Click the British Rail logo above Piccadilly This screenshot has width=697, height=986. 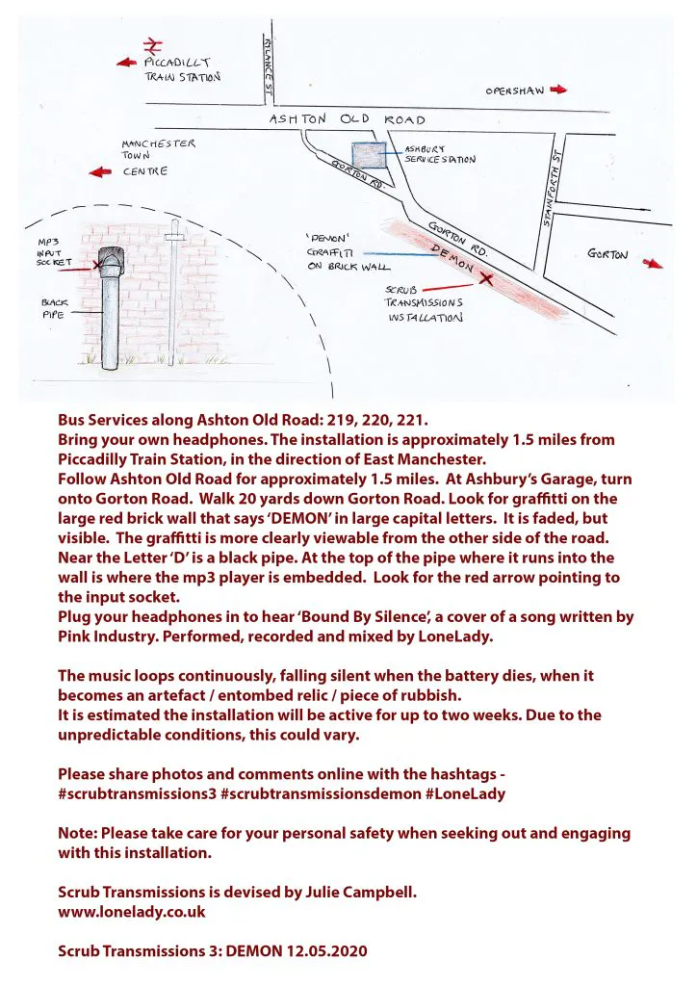(151, 44)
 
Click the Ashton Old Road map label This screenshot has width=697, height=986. (347, 119)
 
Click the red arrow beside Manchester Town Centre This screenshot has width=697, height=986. (98, 172)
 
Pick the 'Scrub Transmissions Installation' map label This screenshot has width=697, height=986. (424, 302)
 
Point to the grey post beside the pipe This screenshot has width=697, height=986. (173, 289)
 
